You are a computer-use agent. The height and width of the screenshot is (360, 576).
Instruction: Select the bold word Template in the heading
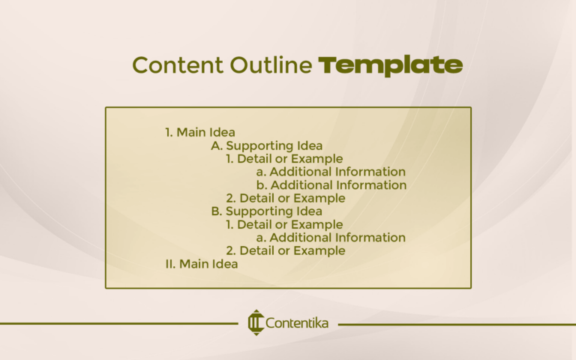coord(390,66)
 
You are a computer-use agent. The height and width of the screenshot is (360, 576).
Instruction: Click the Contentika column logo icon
coord(255,323)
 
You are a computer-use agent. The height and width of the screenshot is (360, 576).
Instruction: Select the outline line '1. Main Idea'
coord(199,133)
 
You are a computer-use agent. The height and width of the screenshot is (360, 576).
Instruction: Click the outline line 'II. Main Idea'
coord(201,264)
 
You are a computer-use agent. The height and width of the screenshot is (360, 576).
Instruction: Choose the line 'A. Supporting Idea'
coord(266,145)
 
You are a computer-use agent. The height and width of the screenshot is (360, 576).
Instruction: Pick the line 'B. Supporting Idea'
coord(266,211)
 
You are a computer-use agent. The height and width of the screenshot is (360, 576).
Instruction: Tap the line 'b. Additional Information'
coord(331,185)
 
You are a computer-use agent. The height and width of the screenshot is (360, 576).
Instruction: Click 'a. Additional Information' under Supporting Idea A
coord(331,172)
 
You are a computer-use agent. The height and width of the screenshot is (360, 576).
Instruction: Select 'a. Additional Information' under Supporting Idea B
coord(331,238)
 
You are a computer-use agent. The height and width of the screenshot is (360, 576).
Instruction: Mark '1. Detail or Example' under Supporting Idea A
coord(284,159)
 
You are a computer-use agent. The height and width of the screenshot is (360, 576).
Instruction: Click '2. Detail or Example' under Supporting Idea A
coord(286,199)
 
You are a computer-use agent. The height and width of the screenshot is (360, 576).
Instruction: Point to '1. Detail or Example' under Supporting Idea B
coord(284,224)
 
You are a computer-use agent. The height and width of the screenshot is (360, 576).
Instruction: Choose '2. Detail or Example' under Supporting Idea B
coord(286,250)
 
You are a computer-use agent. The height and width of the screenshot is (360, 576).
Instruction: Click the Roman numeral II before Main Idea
coord(170,264)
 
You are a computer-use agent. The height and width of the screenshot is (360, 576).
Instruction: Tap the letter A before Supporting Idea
coord(216,145)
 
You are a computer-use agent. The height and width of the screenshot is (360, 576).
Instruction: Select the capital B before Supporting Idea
coord(216,211)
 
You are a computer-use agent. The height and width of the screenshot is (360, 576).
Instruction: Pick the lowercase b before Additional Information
coord(260,185)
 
